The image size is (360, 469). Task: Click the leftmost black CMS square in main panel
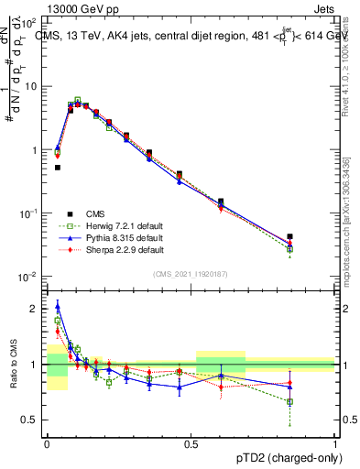click(57, 168)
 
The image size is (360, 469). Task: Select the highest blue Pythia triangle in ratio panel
click(57, 306)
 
